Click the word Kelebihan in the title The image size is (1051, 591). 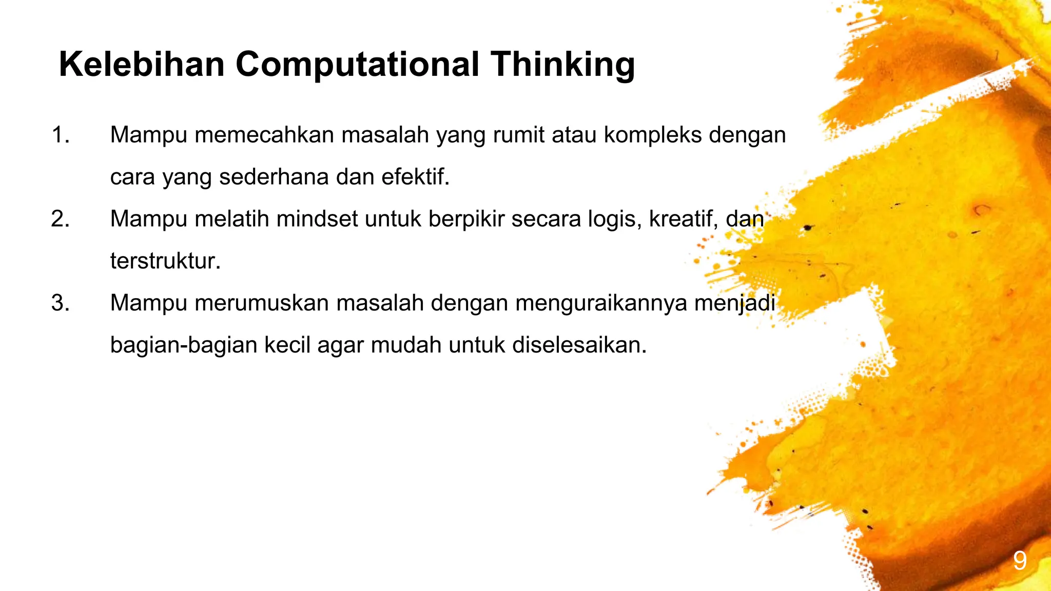142,65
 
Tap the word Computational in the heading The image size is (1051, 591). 357,65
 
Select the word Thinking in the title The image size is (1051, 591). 562,65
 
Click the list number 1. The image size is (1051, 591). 60,135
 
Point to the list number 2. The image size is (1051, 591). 60,219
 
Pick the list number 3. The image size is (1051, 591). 60,303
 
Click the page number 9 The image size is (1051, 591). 1020,561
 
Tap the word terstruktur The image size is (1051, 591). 165,261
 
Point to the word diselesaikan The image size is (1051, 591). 579,345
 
